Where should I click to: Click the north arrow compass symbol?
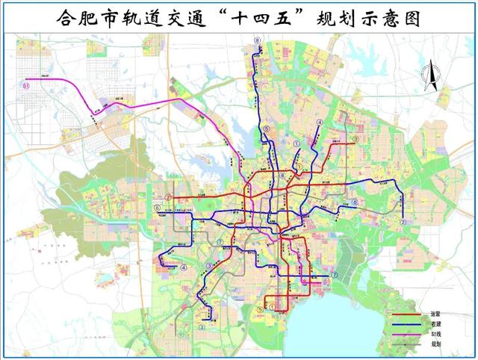[x=431, y=78]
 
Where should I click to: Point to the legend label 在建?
[x=435, y=324]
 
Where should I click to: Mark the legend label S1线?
[x=435, y=334]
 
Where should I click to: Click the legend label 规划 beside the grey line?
[x=435, y=344]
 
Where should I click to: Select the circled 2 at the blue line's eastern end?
[x=403, y=222]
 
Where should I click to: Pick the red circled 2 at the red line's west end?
[x=169, y=198]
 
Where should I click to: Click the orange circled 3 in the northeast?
[x=356, y=139]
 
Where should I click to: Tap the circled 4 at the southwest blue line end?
[x=184, y=268]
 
